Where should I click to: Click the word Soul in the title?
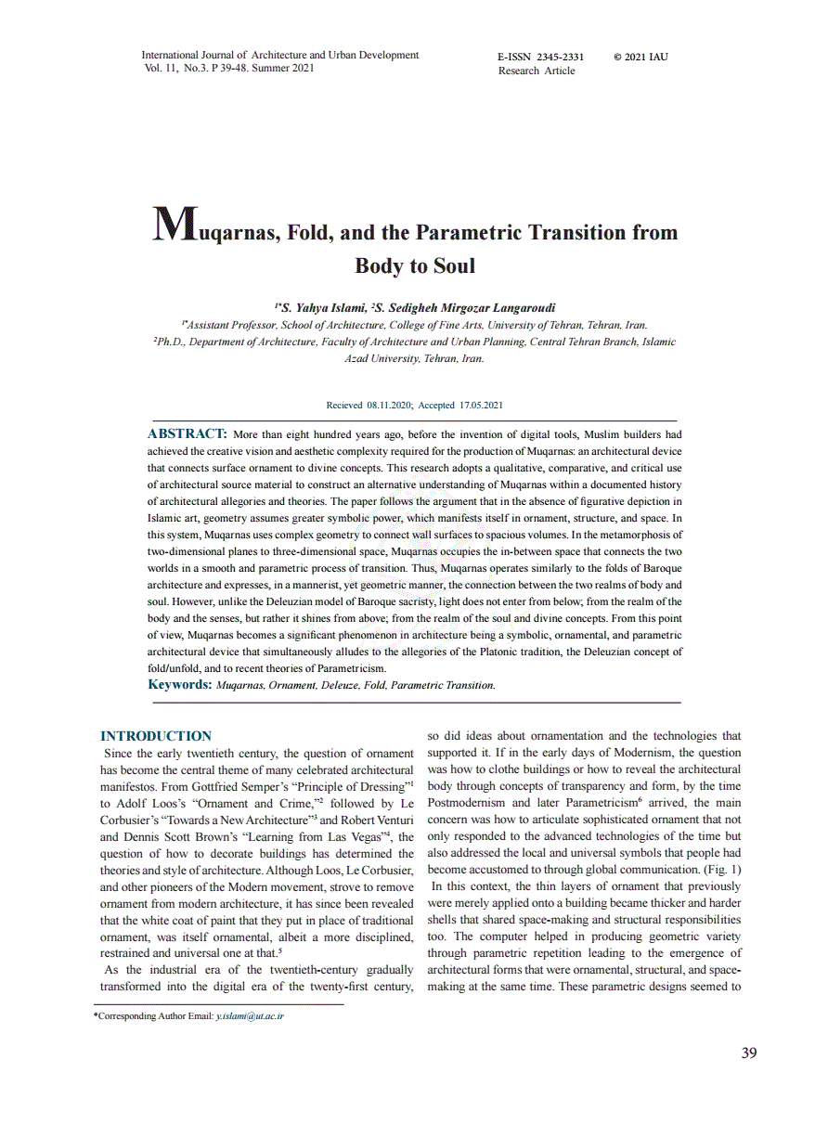452,265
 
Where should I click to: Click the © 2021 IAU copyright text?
640,57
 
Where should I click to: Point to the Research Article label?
537,71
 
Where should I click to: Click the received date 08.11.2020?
390,406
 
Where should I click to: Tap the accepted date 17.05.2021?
480,406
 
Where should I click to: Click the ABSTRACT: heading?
188,433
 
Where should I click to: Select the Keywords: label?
180,685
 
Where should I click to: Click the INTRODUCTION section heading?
156,736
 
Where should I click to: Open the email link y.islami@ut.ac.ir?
250,1017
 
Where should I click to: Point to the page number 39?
748,1053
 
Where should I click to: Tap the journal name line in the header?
280,55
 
